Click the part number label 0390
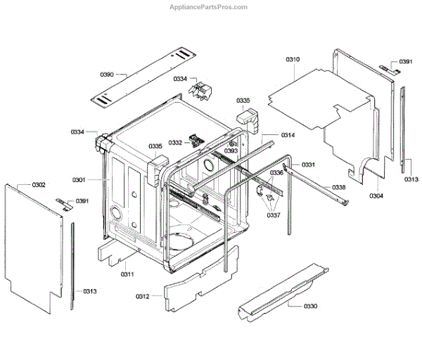point(108,73)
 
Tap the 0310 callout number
point(293,61)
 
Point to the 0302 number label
point(39,185)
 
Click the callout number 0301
point(78,180)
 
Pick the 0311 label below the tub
point(127,274)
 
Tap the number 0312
point(143,296)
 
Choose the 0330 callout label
point(310,307)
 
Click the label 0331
point(308,165)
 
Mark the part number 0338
point(338,187)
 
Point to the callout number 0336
point(276,173)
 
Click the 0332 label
point(175,143)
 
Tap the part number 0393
point(231,151)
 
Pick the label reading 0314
point(288,134)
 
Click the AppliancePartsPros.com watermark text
point(209,6)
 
